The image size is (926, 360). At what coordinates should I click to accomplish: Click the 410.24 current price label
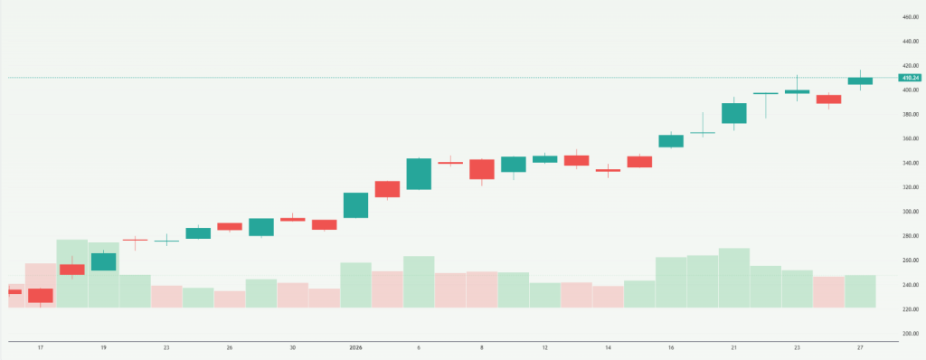[x=910, y=78]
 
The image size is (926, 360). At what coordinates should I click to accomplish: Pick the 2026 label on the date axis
[x=355, y=346]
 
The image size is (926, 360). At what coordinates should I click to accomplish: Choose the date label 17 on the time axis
[x=40, y=346]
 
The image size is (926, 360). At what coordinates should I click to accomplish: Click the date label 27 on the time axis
[x=859, y=346]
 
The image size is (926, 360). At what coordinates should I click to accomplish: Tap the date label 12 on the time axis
[x=544, y=346]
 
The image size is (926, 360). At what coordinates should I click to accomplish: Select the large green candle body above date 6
[x=419, y=174]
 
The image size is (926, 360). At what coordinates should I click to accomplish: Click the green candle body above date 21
[x=733, y=113]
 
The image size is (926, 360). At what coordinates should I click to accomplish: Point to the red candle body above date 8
[x=481, y=169]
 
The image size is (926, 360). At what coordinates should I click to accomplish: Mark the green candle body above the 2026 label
[x=355, y=205]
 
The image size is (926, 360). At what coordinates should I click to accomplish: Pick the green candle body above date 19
[x=103, y=261]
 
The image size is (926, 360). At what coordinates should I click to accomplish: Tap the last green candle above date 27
[x=859, y=81]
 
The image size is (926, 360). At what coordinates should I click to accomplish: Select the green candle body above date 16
[x=670, y=140]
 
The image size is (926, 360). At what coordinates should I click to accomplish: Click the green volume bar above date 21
[x=733, y=278]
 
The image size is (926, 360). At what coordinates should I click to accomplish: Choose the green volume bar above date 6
[x=419, y=281]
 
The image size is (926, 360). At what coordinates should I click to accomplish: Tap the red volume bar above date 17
[x=40, y=285]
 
